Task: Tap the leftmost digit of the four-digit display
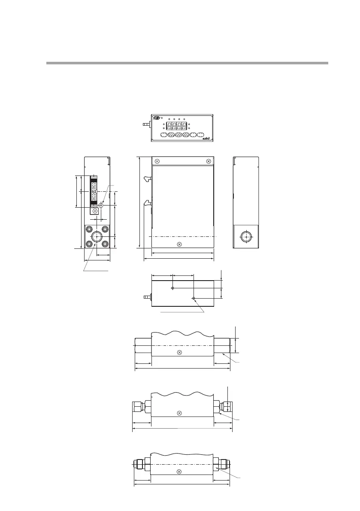[169, 126]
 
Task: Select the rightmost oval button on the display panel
[201, 135]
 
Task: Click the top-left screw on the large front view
[157, 161]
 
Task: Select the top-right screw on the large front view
[209, 161]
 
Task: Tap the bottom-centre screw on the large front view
[179, 245]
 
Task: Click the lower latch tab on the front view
[148, 203]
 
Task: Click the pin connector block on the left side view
[94, 192]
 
